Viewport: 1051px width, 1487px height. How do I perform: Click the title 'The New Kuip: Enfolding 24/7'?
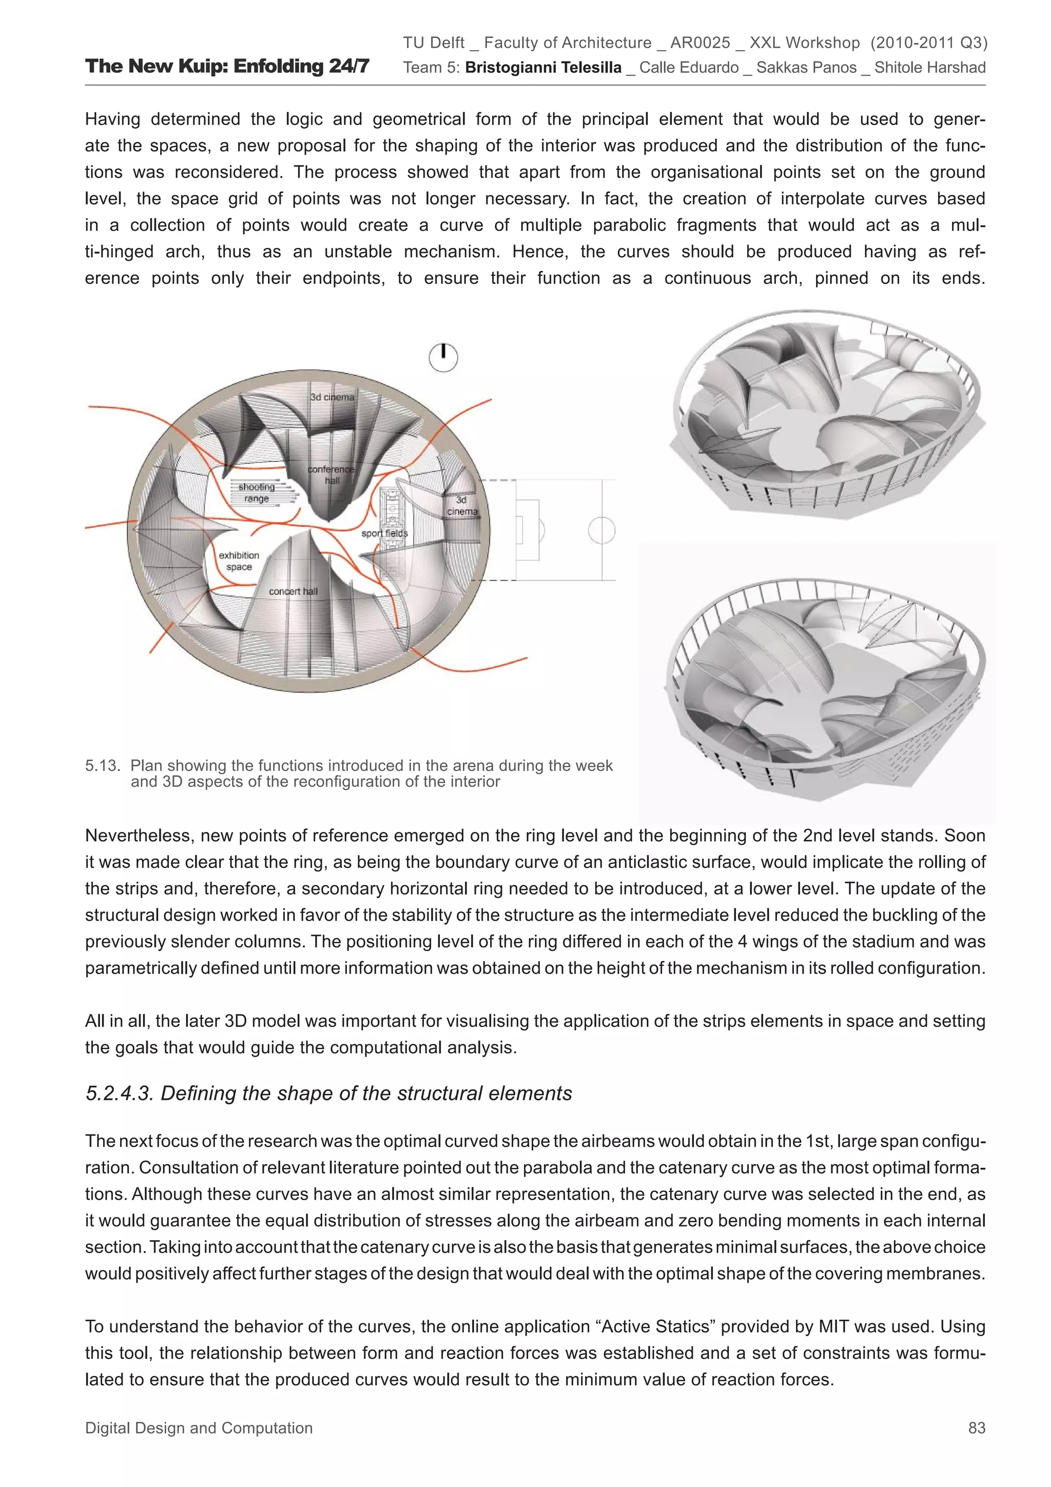click(227, 66)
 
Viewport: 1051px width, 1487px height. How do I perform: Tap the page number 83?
click(976, 1427)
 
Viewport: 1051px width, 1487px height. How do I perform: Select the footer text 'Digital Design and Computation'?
click(199, 1427)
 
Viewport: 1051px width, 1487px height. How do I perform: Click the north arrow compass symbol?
click(443, 357)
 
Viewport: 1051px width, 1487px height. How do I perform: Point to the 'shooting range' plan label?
click(257, 492)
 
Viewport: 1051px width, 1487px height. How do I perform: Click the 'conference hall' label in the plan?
click(331, 474)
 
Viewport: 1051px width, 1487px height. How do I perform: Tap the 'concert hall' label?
click(294, 591)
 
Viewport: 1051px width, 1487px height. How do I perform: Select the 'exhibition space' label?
click(239, 561)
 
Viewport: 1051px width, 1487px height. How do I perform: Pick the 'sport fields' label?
click(385, 533)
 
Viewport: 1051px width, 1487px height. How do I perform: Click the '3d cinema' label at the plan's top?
click(332, 396)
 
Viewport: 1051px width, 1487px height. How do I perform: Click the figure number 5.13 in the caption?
click(102, 765)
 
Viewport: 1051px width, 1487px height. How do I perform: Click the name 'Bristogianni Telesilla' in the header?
click(542, 67)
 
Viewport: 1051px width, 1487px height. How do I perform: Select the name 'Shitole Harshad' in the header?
click(929, 67)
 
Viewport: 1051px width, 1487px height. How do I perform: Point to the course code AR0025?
click(699, 43)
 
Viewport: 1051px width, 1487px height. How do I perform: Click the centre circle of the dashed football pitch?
click(601, 530)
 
